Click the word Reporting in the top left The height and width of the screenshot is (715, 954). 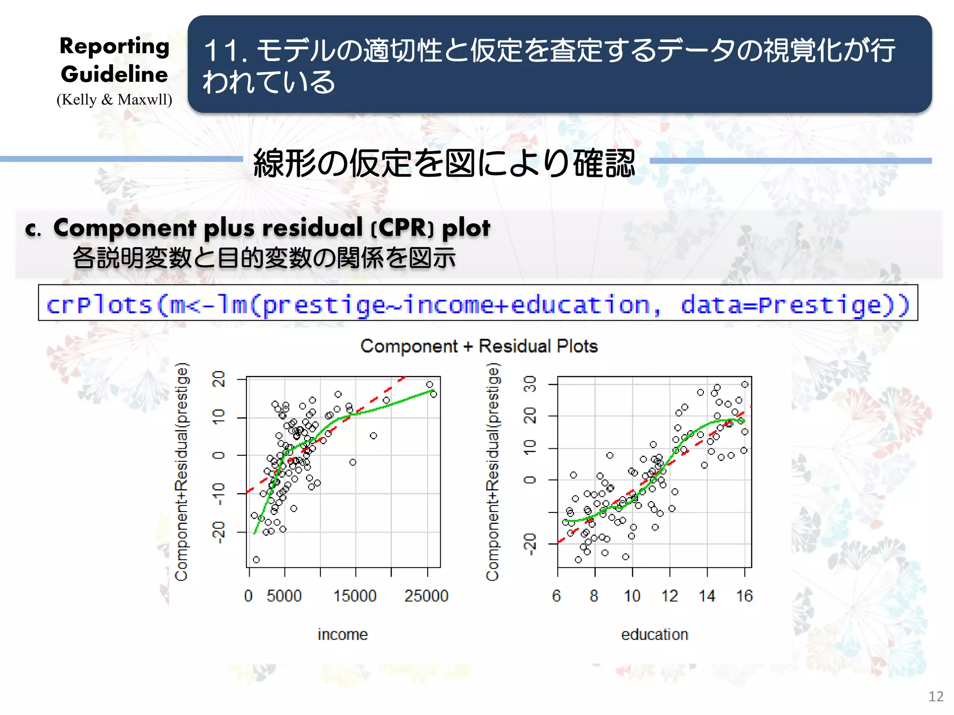tap(115, 47)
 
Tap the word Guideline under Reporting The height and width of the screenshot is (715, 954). tap(115, 74)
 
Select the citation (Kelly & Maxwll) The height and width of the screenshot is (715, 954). tap(115, 100)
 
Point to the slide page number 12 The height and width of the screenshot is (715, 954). tap(936, 696)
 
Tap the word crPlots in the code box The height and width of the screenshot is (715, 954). tap(100, 305)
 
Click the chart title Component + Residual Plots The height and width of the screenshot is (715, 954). tap(479, 346)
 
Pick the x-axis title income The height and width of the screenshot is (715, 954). tap(343, 634)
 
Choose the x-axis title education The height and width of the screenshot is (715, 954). tap(654, 634)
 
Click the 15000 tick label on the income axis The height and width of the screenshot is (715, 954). tap(354, 596)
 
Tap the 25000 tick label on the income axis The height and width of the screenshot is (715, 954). tap(426, 596)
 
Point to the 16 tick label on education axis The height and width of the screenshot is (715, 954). tap(744, 596)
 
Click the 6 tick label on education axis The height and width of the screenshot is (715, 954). tap(557, 596)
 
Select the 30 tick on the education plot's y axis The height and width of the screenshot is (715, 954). tap(530, 384)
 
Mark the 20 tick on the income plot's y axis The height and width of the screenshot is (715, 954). tap(218, 379)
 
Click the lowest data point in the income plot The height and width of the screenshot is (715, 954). tap(256, 560)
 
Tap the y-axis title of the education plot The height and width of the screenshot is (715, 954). tap(493, 471)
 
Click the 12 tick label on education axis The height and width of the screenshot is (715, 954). tap(670, 596)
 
